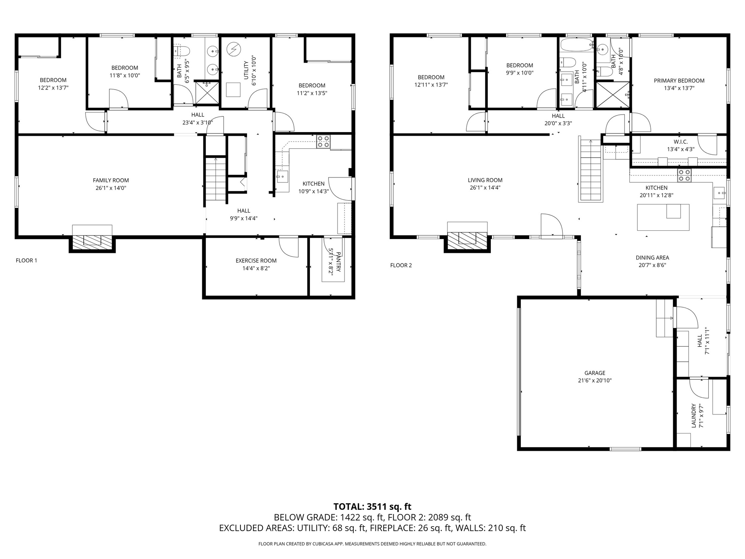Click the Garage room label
click(595, 373)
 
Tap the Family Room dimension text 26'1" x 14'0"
click(111, 188)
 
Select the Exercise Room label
click(256, 261)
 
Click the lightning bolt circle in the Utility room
click(233, 48)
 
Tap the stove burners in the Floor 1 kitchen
click(323, 141)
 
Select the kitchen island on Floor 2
click(663, 217)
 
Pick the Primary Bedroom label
click(679, 81)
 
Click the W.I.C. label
click(680, 142)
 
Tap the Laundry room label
click(694, 415)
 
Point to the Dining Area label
click(652, 258)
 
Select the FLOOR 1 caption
click(27, 261)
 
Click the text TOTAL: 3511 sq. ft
click(372, 507)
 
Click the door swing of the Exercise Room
click(289, 247)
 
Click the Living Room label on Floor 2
click(485, 180)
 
